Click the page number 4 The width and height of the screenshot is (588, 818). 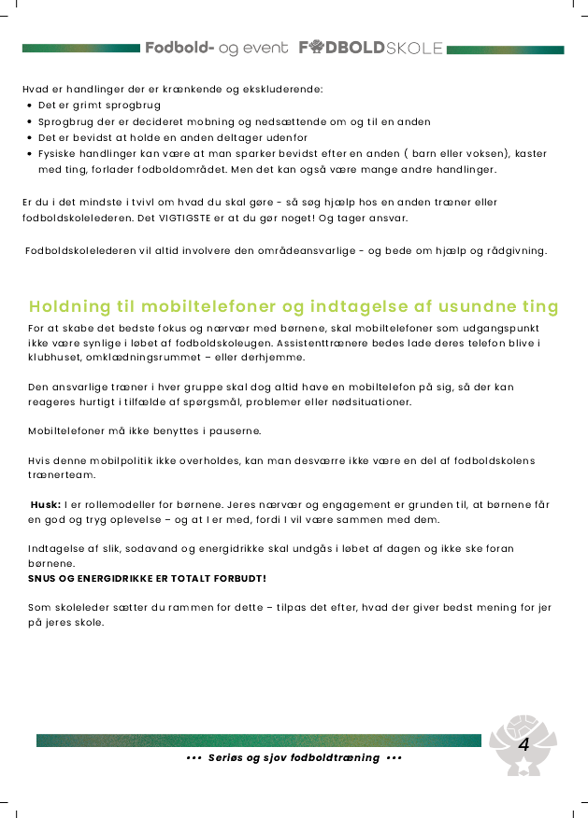coord(523,744)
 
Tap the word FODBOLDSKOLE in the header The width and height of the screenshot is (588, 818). coord(371,48)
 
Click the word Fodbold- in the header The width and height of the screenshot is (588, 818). coord(179,48)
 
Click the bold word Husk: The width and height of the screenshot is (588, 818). coord(46,504)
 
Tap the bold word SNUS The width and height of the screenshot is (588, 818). coord(43,578)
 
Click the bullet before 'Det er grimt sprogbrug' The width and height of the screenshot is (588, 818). coord(31,106)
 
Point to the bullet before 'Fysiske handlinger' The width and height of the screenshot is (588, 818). coord(31,154)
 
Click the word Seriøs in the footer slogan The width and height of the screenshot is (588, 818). coord(227,757)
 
